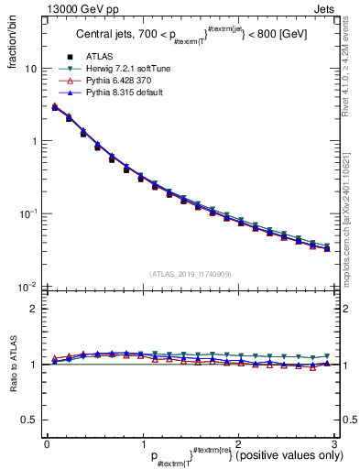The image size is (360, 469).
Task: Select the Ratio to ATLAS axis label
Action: pos(12,364)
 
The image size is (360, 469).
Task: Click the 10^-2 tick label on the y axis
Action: pos(28,287)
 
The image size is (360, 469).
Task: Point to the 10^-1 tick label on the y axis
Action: pos(28,214)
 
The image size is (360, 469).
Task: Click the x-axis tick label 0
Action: pos(46,443)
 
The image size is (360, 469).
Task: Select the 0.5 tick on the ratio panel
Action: pos(29,420)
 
